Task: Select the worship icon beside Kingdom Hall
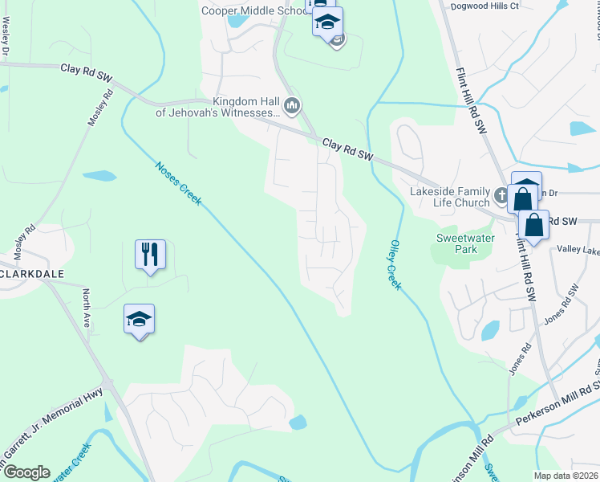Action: point(293,106)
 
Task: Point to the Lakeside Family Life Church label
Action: point(449,197)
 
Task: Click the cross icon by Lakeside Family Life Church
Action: point(501,194)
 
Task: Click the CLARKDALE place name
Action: point(42,273)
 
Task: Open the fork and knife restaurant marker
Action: point(150,255)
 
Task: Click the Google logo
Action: point(26,472)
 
